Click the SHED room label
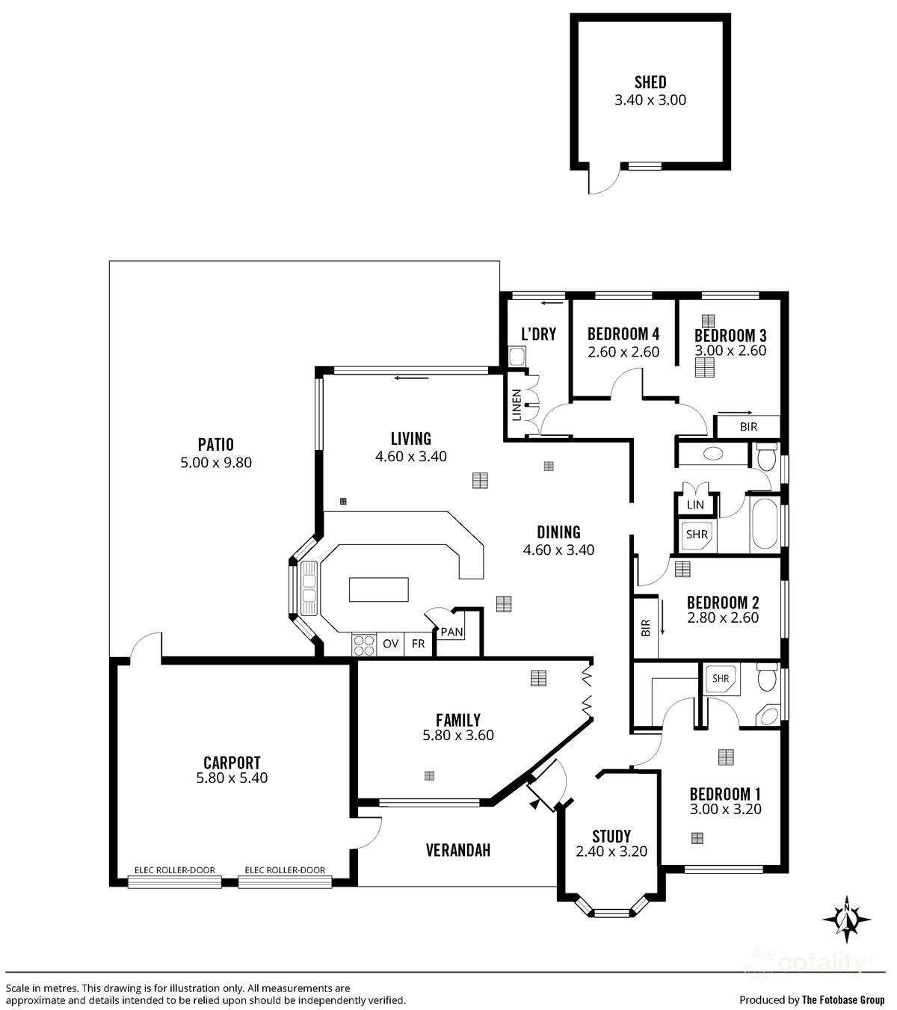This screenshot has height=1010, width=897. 650,82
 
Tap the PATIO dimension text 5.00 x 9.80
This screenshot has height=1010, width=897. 216,463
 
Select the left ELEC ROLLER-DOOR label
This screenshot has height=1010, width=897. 174,870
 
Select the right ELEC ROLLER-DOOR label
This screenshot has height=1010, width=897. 285,870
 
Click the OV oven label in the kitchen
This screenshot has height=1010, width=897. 390,644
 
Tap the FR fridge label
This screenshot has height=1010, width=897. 418,644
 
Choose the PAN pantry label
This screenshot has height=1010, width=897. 451,632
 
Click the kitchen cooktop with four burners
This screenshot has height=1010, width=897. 363,644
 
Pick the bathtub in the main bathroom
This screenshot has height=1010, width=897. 764,523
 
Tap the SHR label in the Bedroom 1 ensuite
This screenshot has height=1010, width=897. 721,679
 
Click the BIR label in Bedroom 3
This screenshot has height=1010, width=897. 748,427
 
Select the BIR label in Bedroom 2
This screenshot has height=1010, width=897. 646,628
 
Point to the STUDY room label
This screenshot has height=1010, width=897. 611,836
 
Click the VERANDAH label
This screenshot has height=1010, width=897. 457,850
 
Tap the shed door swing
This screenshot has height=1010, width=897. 604,179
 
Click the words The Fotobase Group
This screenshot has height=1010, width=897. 842,1000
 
